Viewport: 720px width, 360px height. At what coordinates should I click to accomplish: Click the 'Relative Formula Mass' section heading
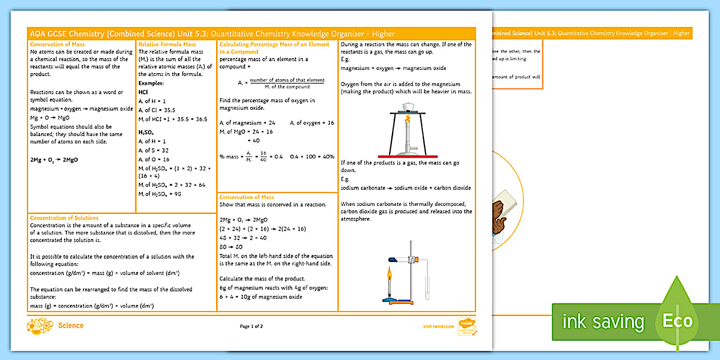coord(167,44)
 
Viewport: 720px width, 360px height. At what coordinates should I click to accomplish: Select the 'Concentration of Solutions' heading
coord(64,218)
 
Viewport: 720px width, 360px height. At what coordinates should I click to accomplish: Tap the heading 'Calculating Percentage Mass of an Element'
coord(274,44)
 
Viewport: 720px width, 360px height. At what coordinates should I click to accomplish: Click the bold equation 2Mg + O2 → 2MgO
coord(54,160)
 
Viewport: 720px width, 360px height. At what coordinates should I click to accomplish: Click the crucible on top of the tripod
coord(408,107)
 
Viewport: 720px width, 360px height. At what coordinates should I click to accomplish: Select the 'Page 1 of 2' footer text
coord(251,326)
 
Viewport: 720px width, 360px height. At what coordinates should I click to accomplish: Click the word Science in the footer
coord(71,326)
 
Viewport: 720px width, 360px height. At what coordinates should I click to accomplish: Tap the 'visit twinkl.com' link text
coord(438,326)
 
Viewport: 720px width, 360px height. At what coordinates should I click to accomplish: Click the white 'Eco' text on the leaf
coord(678,321)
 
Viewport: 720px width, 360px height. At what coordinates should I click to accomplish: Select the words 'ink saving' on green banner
coord(603,322)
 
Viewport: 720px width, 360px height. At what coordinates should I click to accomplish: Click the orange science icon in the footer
coord(40,326)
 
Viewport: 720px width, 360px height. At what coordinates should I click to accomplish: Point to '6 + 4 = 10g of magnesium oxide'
coord(261,297)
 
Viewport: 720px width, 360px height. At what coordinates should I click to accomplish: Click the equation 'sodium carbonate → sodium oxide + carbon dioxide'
coord(406,187)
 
